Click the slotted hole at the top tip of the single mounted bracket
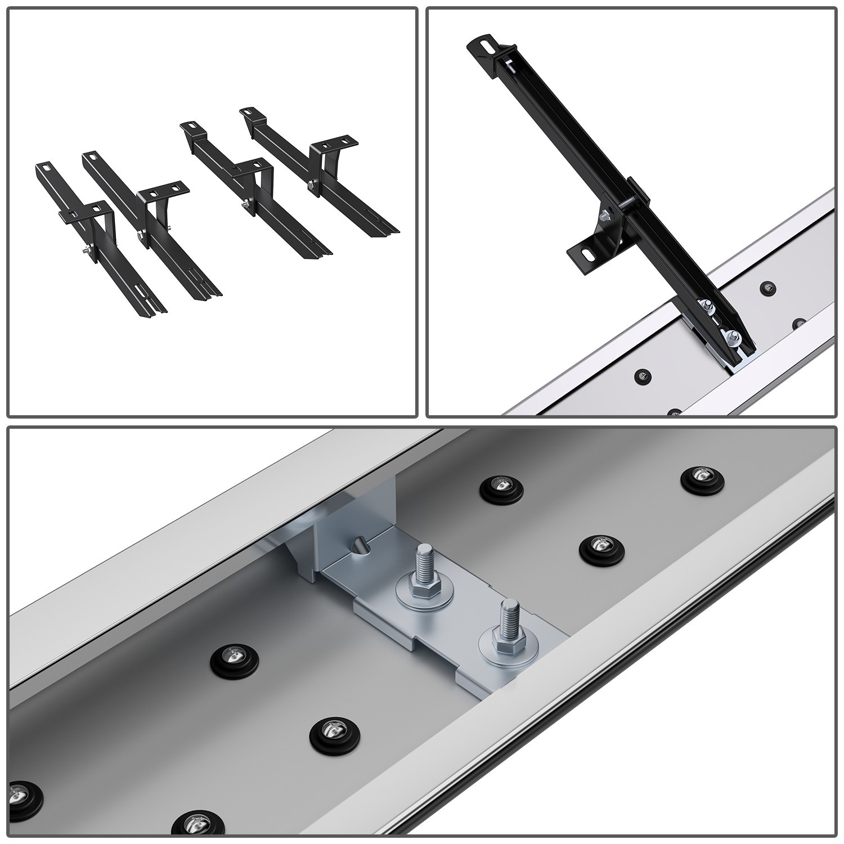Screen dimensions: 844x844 pos(484,44)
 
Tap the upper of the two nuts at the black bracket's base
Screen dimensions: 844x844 pos(705,308)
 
